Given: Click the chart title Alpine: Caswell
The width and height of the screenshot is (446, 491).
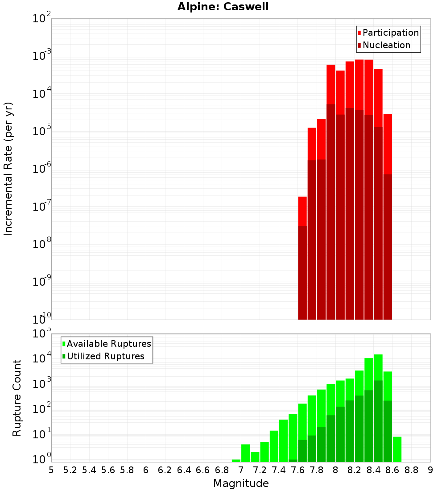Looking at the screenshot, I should pyautogui.click(x=223, y=7).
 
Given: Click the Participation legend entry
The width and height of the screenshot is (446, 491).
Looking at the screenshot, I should pyautogui.click(x=388, y=33).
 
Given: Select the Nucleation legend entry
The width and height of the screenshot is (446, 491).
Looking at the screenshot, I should pyautogui.click(x=384, y=46).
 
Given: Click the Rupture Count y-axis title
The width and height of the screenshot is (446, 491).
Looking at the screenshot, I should pyautogui.click(x=17, y=398).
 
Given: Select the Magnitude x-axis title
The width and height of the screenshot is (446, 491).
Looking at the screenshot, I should pyautogui.click(x=241, y=483).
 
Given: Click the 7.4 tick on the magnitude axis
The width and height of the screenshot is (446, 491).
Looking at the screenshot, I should pyautogui.click(x=279, y=470).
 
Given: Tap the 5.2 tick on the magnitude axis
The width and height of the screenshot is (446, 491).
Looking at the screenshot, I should pyautogui.click(x=70, y=470).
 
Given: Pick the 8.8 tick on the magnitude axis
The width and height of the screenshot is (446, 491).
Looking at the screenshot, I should pyautogui.click(x=412, y=470).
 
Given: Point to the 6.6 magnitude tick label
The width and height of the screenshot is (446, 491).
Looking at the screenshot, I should pyautogui.click(x=203, y=470).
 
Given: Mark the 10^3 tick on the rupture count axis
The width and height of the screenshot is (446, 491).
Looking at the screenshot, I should pyautogui.click(x=42, y=384).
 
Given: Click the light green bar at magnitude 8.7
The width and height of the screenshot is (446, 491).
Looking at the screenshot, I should pyautogui.click(x=397, y=449).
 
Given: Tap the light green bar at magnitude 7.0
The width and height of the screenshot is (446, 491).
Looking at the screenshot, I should pyautogui.click(x=245, y=453).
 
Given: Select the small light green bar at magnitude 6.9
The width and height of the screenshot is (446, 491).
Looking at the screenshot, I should pyautogui.click(x=236, y=461).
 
